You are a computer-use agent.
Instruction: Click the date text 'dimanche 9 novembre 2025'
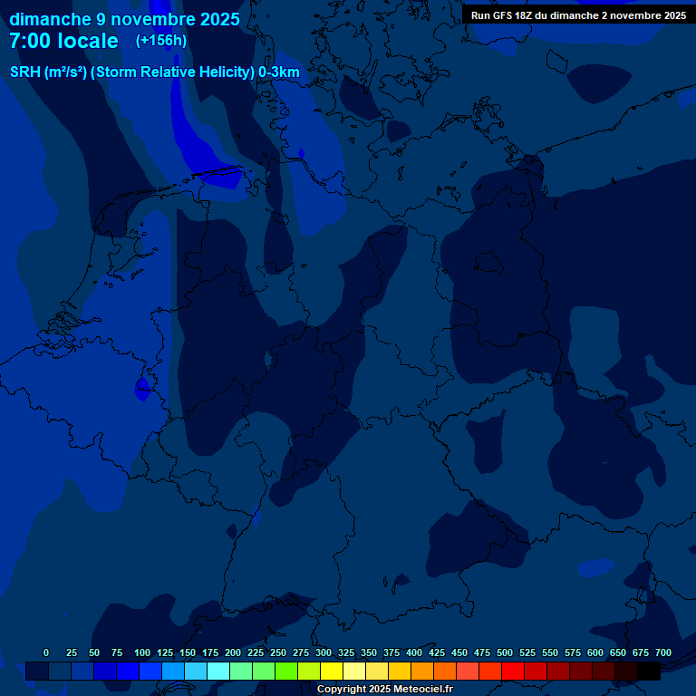(x=124, y=19)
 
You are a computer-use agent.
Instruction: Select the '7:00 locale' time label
(x=63, y=41)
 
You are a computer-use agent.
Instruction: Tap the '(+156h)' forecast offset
(x=161, y=41)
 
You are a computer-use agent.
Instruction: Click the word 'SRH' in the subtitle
(x=24, y=72)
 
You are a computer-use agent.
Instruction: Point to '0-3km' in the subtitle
(x=279, y=72)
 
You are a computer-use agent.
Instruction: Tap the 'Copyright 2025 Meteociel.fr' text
(x=384, y=689)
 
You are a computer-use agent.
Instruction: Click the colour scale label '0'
(x=46, y=653)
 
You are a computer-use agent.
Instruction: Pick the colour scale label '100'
(x=142, y=653)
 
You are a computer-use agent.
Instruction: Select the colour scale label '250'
(x=278, y=653)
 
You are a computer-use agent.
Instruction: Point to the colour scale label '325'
(x=346, y=653)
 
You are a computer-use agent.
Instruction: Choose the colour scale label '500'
(x=505, y=653)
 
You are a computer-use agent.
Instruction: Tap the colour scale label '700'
(x=663, y=653)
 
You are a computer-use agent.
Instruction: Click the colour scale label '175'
(x=210, y=653)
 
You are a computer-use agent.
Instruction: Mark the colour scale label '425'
(x=437, y=653)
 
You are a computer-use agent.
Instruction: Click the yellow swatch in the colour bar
(x=332, y=672)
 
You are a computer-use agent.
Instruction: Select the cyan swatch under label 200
(x=218, y=672)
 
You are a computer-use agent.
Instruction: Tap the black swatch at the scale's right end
(x=649, y=672)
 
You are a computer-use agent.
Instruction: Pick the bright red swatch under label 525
(x=513, y=672)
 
